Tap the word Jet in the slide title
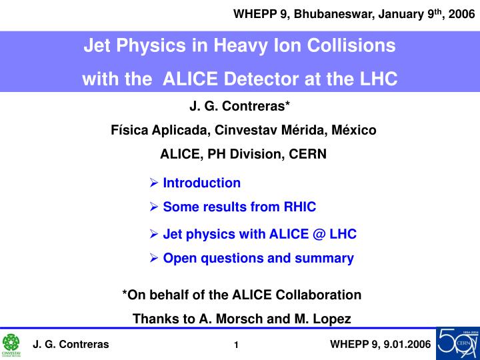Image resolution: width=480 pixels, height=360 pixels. [x=97, y=46]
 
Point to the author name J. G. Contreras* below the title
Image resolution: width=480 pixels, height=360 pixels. [x=240, y=106]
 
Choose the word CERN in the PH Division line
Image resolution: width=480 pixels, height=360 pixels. [x=309, y=154]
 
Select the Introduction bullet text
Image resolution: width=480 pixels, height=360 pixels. [x=201, y=183]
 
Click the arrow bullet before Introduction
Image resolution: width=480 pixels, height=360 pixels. [x=154, y=183]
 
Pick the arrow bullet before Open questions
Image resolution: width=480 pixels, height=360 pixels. [x=154, y=258]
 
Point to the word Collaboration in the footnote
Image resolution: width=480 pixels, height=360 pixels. [x=319, y=295]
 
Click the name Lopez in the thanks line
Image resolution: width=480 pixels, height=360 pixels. [x=330, y=319]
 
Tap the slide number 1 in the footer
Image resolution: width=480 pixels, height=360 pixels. [x=237, y=345]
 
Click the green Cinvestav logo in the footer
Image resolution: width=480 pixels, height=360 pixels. [x=11, y=344]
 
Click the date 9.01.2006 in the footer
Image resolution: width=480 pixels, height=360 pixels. [x=404, y=344]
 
